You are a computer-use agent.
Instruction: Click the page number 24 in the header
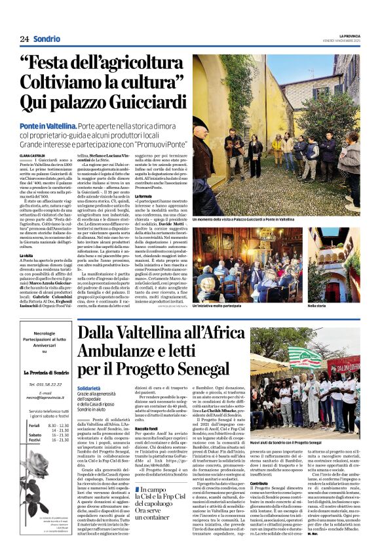coord(24,39)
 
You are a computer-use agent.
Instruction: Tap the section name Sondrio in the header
coord(47,39)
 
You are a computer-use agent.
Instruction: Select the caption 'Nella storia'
coord(316,306)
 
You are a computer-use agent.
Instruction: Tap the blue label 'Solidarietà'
coord(88,388)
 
